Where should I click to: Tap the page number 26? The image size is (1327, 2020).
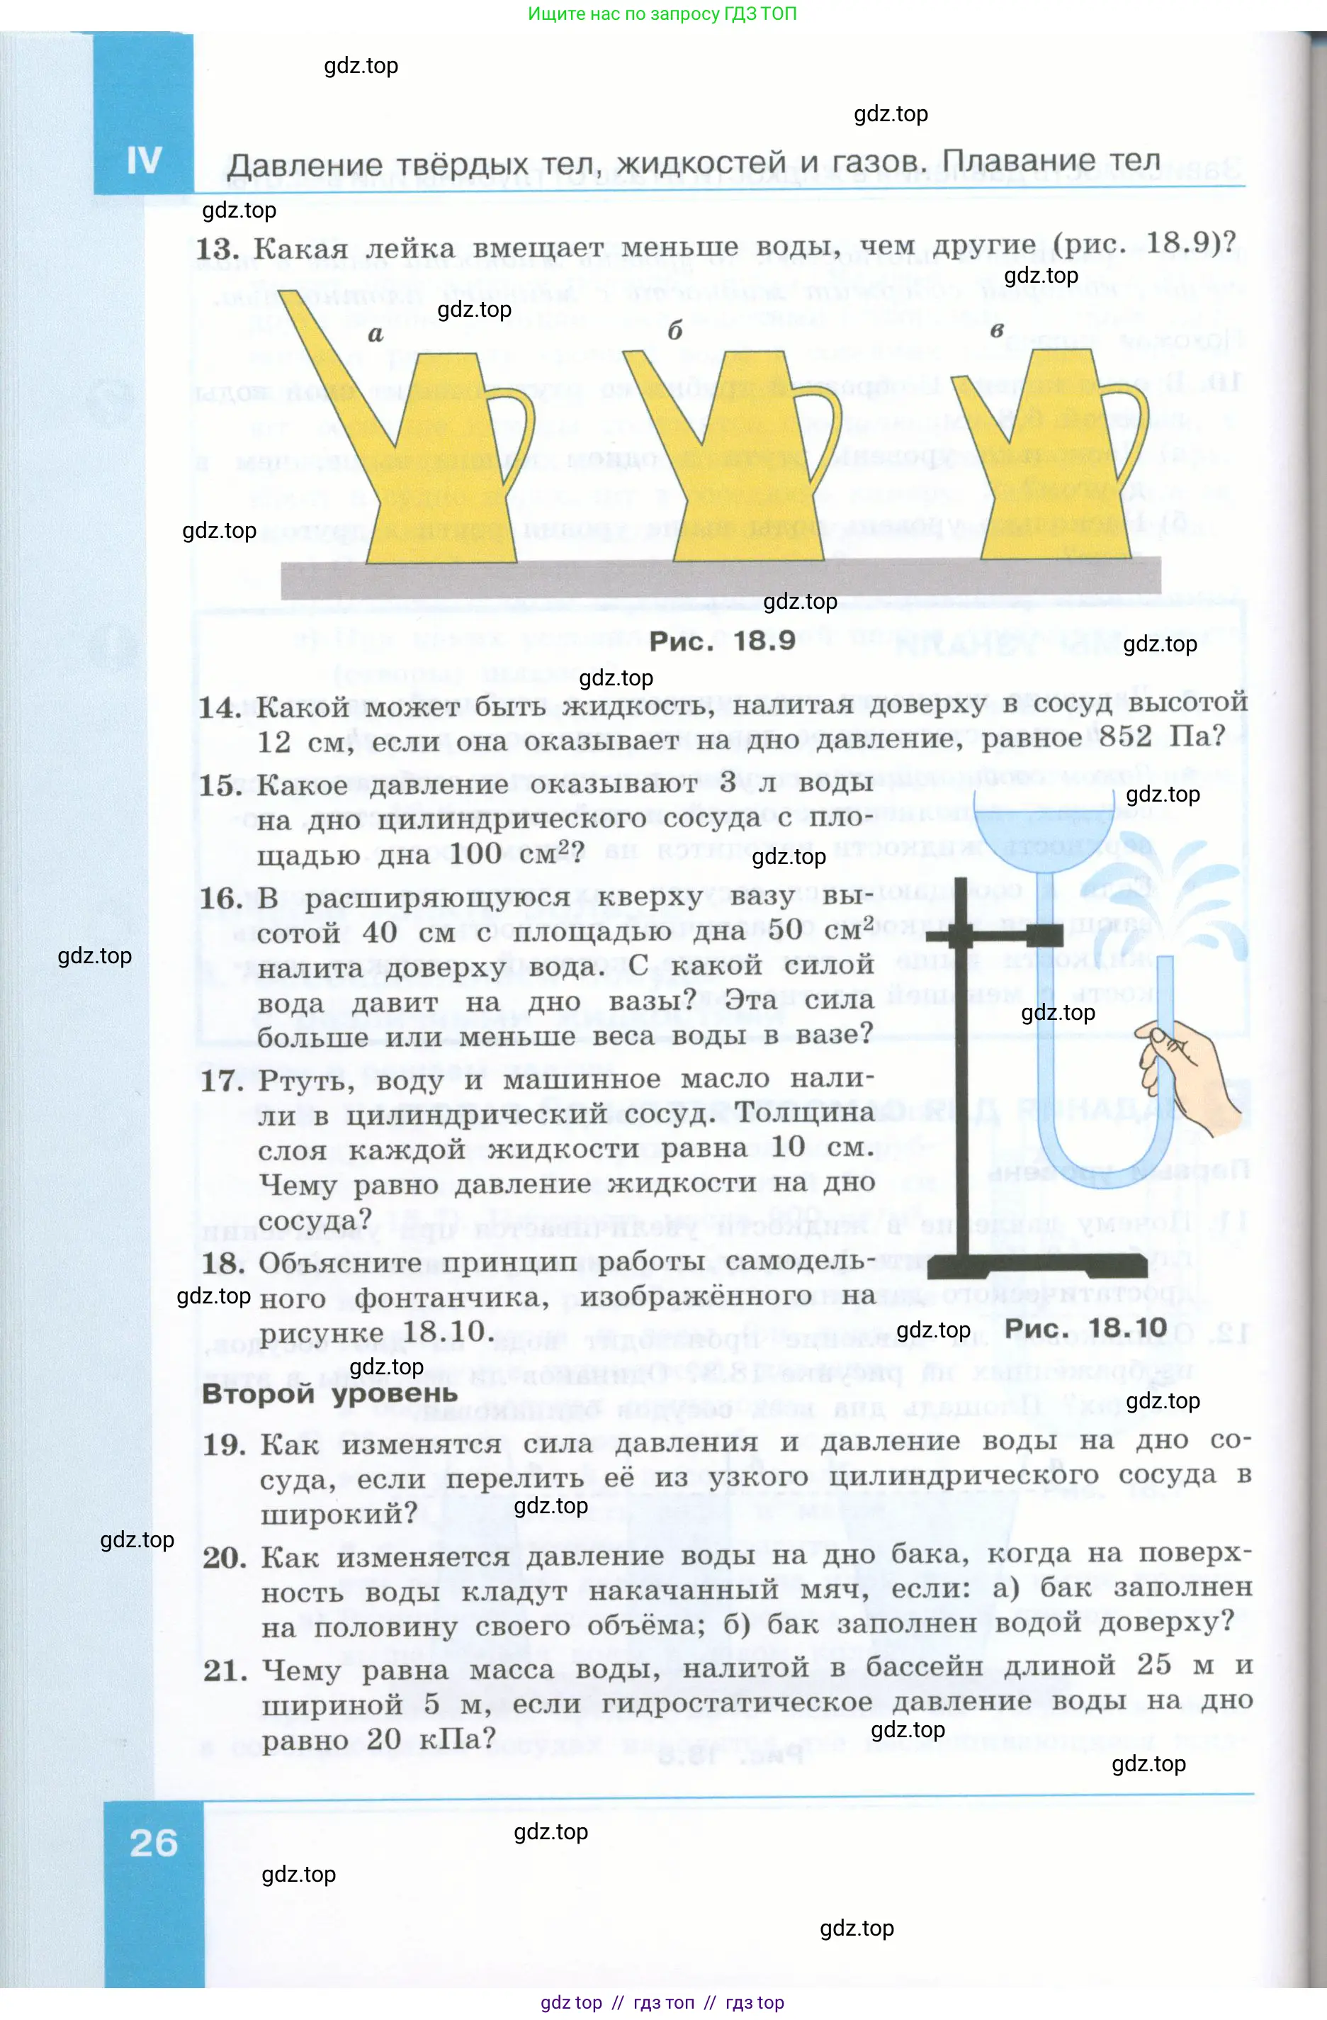coord(154,1843)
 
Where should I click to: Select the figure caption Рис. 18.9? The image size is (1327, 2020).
coord(722,641)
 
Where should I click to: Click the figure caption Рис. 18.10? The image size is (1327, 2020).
coord(1085,1328)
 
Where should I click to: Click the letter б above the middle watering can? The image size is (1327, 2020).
coord(674,332)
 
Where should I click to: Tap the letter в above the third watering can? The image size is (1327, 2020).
coord(997,330)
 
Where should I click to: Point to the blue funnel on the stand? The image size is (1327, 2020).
coord(1044,832)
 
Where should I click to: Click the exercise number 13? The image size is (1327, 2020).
coord(218,249)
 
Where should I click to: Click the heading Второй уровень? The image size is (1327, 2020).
coord(329,1393)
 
